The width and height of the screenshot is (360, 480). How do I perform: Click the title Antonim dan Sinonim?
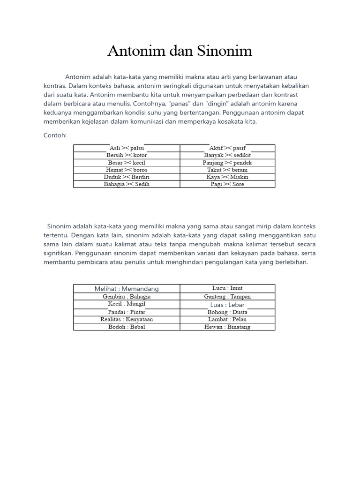click(x=180, y=51)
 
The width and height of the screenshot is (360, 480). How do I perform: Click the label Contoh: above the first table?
click(x=55, y=135)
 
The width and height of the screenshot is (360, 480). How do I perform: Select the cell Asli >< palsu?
click(x=127, y=148)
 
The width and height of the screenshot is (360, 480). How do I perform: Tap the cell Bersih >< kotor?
click(x=127, y=155)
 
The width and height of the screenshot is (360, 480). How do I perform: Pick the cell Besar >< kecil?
click(x=127, y=163)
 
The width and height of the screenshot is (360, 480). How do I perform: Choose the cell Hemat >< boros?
click(x=127, y=170)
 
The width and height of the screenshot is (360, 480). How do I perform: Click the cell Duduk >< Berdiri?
click(x=127, y=177)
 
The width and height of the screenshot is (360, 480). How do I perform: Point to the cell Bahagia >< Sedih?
click(x=127, y=184)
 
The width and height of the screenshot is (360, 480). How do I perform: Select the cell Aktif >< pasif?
click(x=227, y=148)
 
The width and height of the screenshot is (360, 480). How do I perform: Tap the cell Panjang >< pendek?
click(x=227, y=163)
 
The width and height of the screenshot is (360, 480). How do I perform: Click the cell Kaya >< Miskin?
click(x=227, y=177)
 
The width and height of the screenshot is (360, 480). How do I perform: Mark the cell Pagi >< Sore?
click(x=227, y=184)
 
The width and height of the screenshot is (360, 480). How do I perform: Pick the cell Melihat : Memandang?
click(x=127, y=289)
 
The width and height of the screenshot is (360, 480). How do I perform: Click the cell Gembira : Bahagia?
click(x=127, y=297)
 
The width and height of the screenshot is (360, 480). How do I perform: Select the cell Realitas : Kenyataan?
click(x=127, y=319)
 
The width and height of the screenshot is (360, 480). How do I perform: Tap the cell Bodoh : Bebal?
click(x=127, y=327)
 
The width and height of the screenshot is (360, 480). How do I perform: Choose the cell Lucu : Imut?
click(x=227, y=288)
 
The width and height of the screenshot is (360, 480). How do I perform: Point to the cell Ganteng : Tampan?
click(x=227, y=297)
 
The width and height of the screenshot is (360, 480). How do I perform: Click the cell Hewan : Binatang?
click(x=227, y=327)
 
